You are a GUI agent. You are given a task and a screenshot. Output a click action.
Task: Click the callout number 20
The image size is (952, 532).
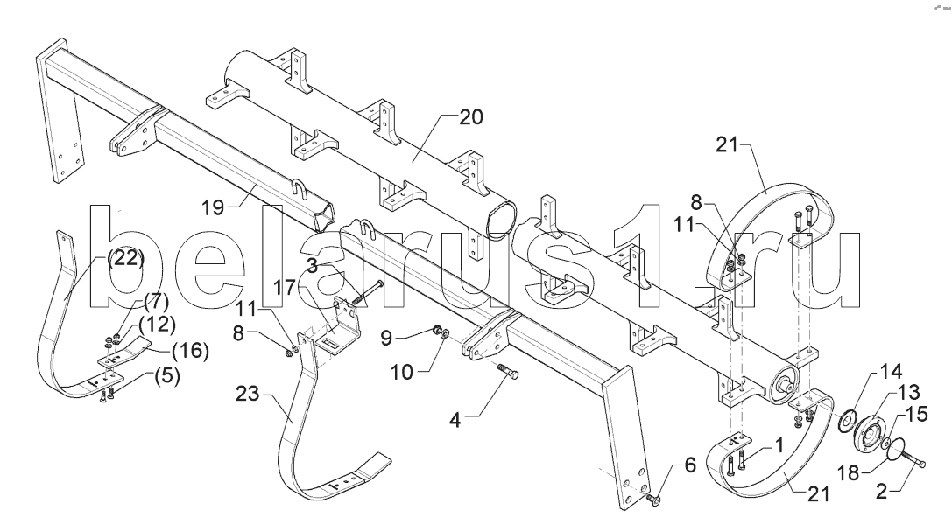click(470, 117)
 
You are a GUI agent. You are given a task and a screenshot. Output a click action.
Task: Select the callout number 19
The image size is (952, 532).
click(213, 208)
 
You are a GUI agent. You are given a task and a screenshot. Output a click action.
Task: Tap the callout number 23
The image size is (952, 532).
click(248, 395)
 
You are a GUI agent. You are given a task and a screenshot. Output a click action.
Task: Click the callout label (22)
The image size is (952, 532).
click(126, 259)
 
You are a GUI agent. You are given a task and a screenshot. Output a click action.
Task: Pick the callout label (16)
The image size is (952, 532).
click(191, 351)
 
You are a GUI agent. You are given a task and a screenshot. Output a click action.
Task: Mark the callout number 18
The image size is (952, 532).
click(848, 472)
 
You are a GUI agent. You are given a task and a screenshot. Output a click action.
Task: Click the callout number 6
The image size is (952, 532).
click(690, 465)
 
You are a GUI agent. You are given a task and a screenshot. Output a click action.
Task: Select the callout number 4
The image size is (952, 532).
click(455, 420)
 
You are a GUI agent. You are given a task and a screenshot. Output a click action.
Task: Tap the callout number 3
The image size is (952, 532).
click(312, 266)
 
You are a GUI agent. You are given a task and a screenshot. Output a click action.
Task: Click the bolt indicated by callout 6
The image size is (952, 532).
click(653, 500)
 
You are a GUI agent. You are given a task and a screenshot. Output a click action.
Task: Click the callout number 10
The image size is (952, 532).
click(401, 372)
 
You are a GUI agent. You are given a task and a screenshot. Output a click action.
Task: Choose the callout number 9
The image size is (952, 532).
click(386, 337)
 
